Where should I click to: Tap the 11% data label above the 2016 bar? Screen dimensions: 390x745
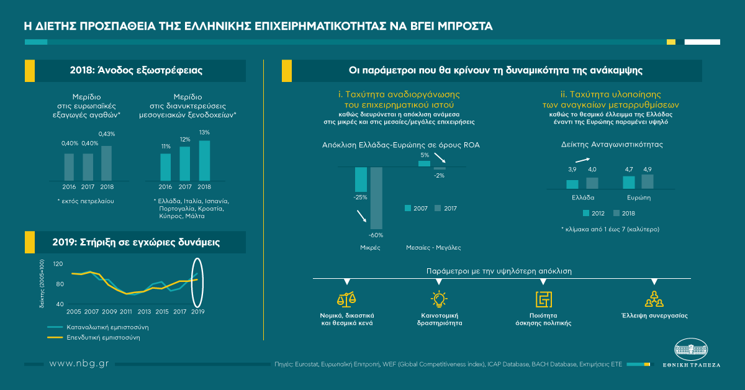pyautogui.click(x=165, y=147)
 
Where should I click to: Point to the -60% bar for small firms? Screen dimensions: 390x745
pyautogui.click(x=376, y=198)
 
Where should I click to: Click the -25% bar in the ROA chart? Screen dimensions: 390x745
pyautogui.click(x=361, y=179)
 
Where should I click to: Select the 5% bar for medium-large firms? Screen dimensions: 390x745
pyautogui.click(x=424, y=163)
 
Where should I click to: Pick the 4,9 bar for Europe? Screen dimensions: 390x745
pyautogui.click(x=648, y=181)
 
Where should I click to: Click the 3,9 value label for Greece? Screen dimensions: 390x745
pyautogui.click(x=572, y=170)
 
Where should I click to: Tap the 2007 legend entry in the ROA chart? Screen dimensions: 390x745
pyautogui.click(x=414, y=208)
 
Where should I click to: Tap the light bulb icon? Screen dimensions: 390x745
pyautogui.click(x=439, y=299)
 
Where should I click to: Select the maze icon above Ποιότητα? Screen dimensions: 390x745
pyautogui.click(x=544, y=299)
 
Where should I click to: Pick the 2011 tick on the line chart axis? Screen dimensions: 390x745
pyautogui.click(x=127, y=311)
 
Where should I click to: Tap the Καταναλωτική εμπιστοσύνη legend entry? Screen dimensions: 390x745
pyautogui.click(x=99, y=327)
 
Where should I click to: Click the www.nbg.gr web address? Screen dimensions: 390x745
pyautogui.click(x=79, y=363)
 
